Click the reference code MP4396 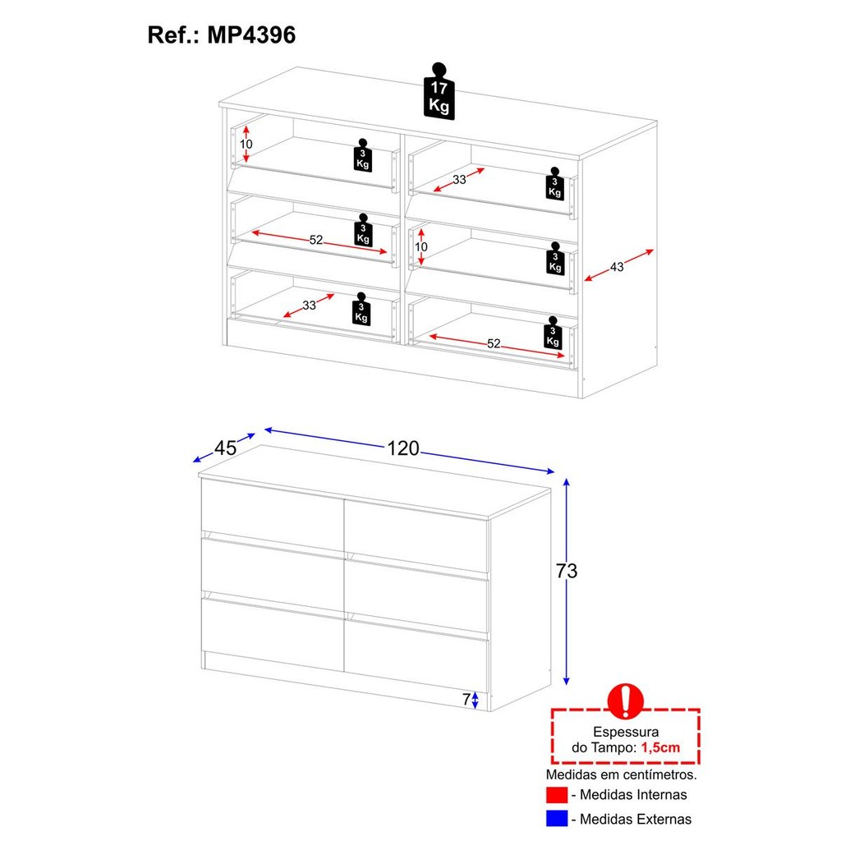coord(251,35)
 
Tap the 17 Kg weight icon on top coord(439,91)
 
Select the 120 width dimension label coord(403,448)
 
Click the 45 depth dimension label coord(225,448)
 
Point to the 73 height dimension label coord(567,571)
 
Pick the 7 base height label coord(466,700)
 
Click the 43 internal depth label coord(617,267)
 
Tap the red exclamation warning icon coord(625,701)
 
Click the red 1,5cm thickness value coord(660,747)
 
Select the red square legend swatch coord(557,795)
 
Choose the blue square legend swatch coord(557,819)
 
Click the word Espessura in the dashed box coord(626,732)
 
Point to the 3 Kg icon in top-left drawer coord(362,155)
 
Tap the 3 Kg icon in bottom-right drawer coord(553,333)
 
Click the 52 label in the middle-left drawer coord(316,240)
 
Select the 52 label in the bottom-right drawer coord(494,343)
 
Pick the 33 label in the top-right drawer coord(459,180)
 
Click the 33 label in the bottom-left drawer coord(309,306)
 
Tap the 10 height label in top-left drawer coord(246,144)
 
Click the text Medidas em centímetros coord(621,774)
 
